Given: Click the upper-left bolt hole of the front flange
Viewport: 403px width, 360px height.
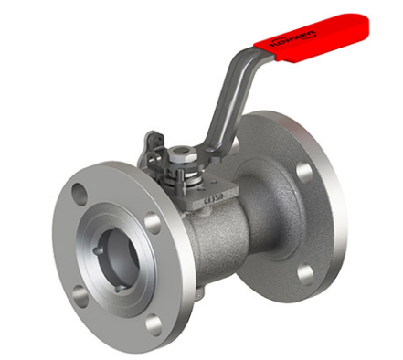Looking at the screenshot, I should tap(80, 194).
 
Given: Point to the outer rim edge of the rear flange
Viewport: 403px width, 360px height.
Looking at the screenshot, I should tap(344, 210).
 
